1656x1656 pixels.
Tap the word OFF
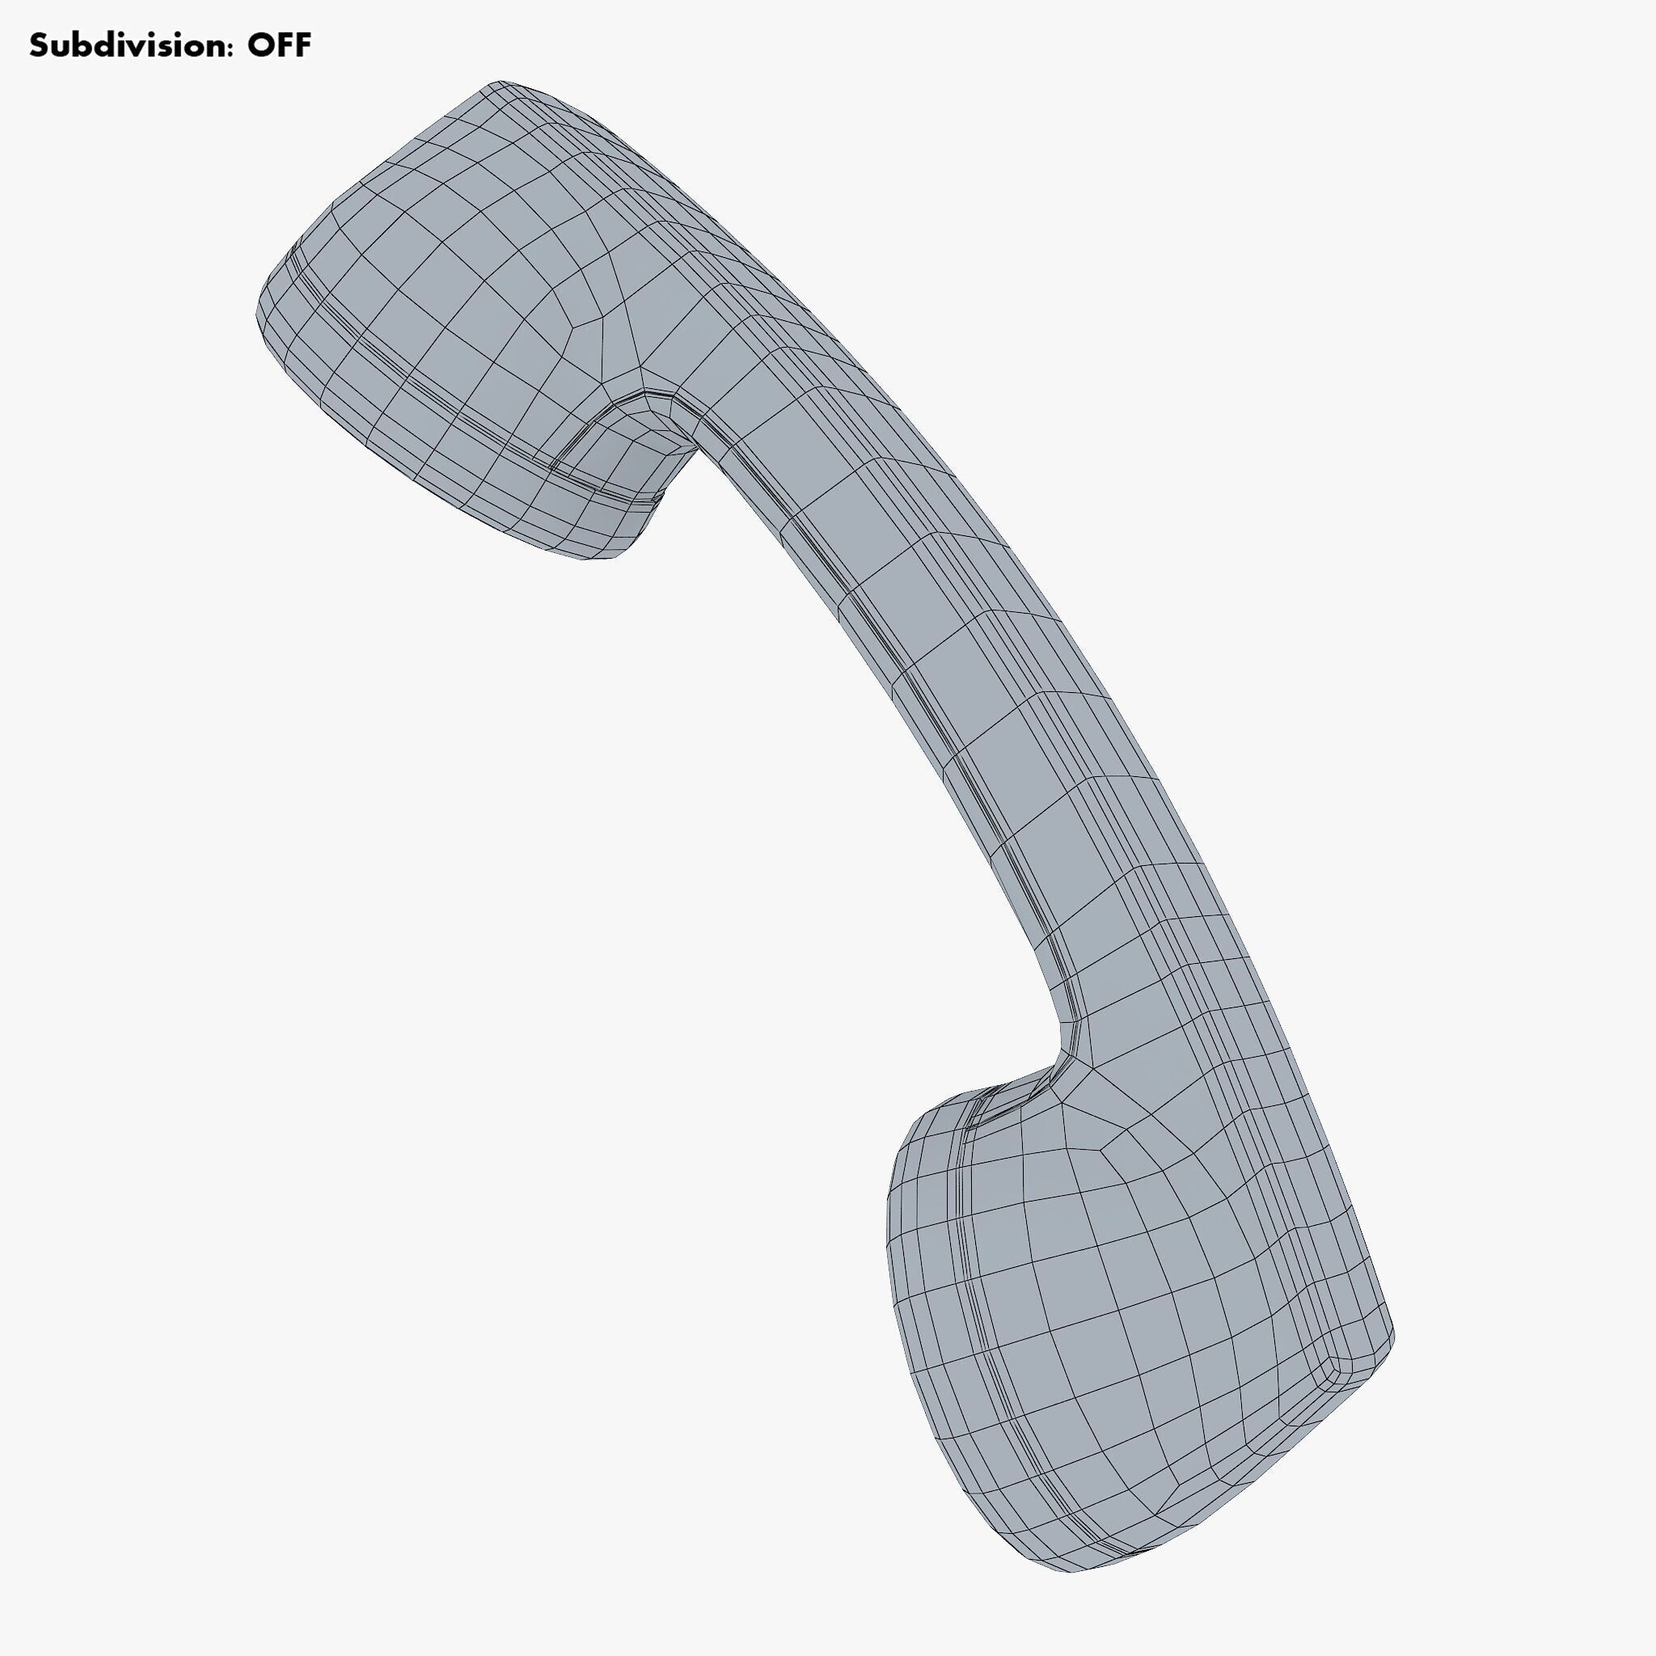[x=280, y=45]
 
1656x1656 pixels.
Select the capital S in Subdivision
[x=40, y=45]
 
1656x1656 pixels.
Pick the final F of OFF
[x=302, y=45]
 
